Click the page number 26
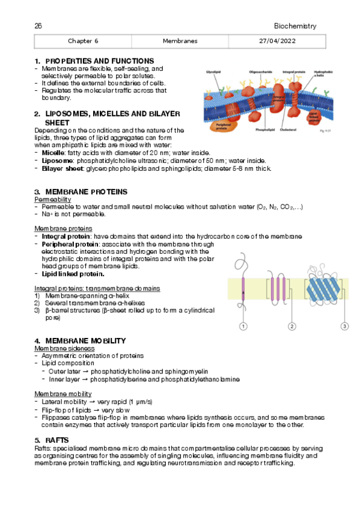[x=38, y=26]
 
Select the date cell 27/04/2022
[x=277, y=41]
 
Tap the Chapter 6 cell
[x=83, y=41]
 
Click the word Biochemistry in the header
[x=295, y=26]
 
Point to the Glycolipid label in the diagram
[x=213, y=72]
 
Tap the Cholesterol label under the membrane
[x=288, y=130]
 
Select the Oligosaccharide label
[x=261, y=72]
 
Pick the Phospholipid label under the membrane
[x=265, y=130]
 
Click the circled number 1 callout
[x=243, y=326]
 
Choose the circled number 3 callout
[x=344, y=326]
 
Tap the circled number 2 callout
[x=291, y=326]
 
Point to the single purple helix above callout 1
[x=243, y=289]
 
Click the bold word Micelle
[x=53, y=153]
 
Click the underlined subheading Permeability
[x=53, y=200]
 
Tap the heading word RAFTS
[x=57, y=440]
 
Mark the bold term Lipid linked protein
[x=73, y=274]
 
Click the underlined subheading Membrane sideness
[x=64, y=348]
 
